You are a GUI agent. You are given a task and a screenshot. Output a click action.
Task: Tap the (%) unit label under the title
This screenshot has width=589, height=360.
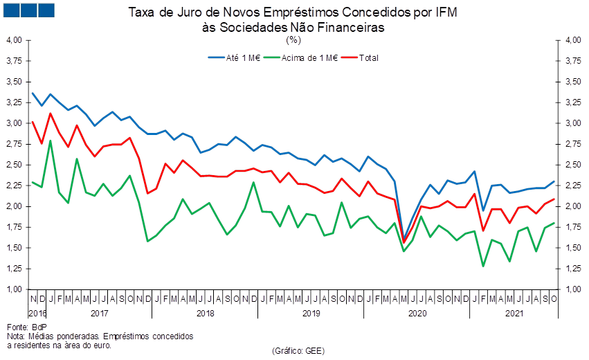click(293, 39)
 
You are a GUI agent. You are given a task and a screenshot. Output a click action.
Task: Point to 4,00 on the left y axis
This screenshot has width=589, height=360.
click(15, 40)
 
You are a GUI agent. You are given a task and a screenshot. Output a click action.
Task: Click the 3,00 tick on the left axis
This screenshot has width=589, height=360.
click(15, 123)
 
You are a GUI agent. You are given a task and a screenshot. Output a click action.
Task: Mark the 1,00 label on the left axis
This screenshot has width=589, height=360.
click(15, 289)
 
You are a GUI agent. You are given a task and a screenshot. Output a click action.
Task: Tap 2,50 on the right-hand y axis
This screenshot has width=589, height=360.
click(572, 165)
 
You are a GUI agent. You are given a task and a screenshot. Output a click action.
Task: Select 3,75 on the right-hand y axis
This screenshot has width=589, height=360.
click(572, 61)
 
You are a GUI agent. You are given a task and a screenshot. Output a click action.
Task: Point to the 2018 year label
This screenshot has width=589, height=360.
click(206, 314)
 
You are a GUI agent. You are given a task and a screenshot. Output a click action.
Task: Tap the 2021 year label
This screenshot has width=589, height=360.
click(514, 314)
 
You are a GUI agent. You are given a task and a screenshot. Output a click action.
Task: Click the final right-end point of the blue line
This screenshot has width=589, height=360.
click(554, 181)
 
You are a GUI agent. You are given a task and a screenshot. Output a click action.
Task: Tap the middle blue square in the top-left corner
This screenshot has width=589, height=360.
click(28, 10)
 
